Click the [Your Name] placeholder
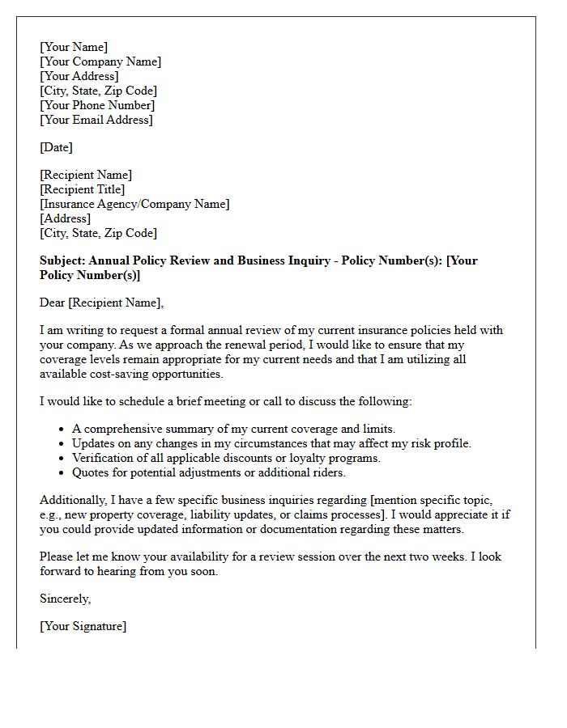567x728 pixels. coord(74,47)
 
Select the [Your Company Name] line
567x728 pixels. coord(100,61)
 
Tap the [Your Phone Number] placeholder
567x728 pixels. coord(97,105)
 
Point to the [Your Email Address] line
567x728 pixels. coord(96,120)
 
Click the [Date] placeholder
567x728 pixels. coord(56,147)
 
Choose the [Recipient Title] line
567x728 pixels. coord(83,189)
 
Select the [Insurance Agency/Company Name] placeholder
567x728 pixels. coord(134,204)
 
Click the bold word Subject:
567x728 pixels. coord(62,260)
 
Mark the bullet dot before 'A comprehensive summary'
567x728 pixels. coord(62,430)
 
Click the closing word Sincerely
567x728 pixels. coord(65,599)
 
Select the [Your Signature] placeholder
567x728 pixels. coord(83,626)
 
